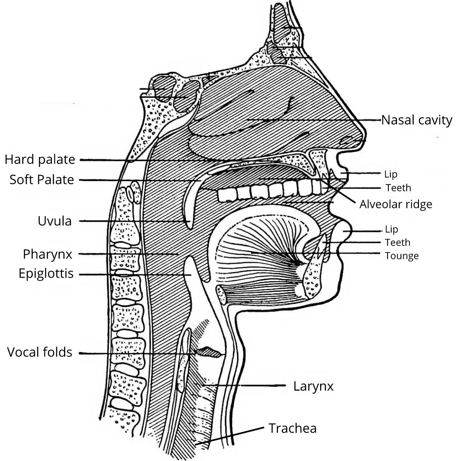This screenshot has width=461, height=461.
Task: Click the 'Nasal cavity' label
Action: pyautogui.click(x=417, y=120)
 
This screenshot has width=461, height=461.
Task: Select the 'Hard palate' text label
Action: pyautogui.click(x=39, y=159)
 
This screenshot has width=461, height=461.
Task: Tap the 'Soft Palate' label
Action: pyautogui.click(x=42, y=180)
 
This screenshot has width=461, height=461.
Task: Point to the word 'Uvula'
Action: pyautogui.click(x=55, y=221)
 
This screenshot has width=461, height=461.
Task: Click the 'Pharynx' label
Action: pyautogui.click(x=48, y=254)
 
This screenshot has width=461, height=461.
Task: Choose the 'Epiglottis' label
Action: pyautogui.click(x=46, y=273)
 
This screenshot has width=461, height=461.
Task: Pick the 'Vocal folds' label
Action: pyautogui.click(x=40, y=352)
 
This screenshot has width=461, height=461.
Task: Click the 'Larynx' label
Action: pyautogui.click(x=313, y=386)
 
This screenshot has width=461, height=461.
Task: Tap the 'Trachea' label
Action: pyautogui.click(x=292, y=428)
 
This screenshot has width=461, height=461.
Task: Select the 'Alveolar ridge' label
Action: pyautogui.click(x=396, y=204)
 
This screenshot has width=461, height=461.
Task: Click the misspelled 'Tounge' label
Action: pyautogui.click(x=402, y=256)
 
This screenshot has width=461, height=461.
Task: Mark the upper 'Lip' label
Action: pyautogui.click(x=391, y=174)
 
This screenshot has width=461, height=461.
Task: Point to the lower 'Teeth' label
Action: pyautogui.click(x=398, y=242)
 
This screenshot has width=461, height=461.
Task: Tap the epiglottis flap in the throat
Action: pyautogui.click(x=190, y=269)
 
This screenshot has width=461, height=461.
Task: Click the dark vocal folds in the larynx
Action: pyautogui.click(x=209, y=352)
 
